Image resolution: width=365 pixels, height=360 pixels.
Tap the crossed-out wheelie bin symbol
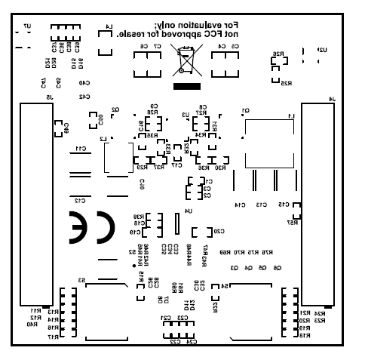(183, 61)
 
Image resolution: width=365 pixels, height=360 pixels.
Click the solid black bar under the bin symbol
(183, 85)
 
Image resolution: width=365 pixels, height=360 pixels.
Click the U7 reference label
(27, 26)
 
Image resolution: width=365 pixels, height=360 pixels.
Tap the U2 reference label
(323, 49)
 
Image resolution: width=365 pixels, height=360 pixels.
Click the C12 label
(78, 201)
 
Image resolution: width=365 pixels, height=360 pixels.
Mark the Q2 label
(115, 109)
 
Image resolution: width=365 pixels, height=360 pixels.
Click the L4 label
(109, 28)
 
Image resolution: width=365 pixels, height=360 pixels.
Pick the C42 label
(84, 97)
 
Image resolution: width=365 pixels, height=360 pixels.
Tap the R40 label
(31, 325)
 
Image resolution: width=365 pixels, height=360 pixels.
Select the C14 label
(241, 205)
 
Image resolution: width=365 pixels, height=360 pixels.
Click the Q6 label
(277, 268)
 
